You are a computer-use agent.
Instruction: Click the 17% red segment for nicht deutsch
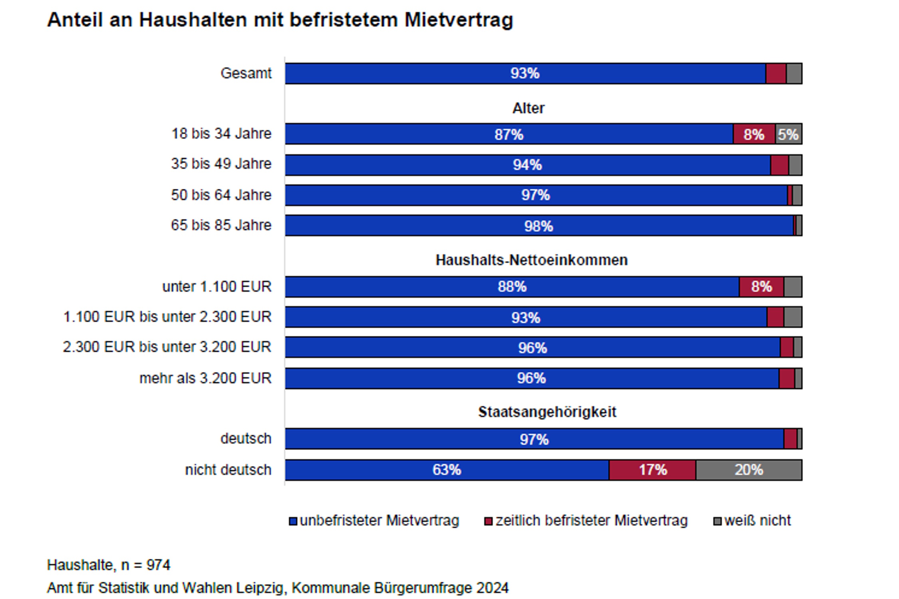point(652,470)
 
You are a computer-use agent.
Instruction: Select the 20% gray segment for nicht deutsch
point(748,470)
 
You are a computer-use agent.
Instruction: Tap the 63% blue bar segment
point(447,470)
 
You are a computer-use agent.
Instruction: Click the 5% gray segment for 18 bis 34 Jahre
point(788,134)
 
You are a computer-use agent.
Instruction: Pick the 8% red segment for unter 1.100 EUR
point(761,286)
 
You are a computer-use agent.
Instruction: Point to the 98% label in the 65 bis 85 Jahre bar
point(538,226)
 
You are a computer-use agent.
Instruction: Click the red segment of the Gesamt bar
point(776,73)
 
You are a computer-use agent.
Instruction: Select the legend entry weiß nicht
point(757,521)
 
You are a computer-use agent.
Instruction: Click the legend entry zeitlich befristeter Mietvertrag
point(591,521)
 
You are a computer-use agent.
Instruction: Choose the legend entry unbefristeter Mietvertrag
point(379,521)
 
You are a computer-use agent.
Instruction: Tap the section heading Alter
point(528,108)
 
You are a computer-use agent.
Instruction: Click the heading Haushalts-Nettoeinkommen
point(531,260)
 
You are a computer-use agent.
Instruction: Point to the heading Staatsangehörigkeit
point(547,412)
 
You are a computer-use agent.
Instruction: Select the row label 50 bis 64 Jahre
point(221,195)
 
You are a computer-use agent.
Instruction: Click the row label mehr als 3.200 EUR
point(205,378)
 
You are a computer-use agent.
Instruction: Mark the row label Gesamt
point(246,73)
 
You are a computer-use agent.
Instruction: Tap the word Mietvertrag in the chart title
point(458,20)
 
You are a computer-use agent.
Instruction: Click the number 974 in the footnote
point(158,565)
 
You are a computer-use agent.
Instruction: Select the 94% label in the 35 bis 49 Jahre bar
point(527,165)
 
